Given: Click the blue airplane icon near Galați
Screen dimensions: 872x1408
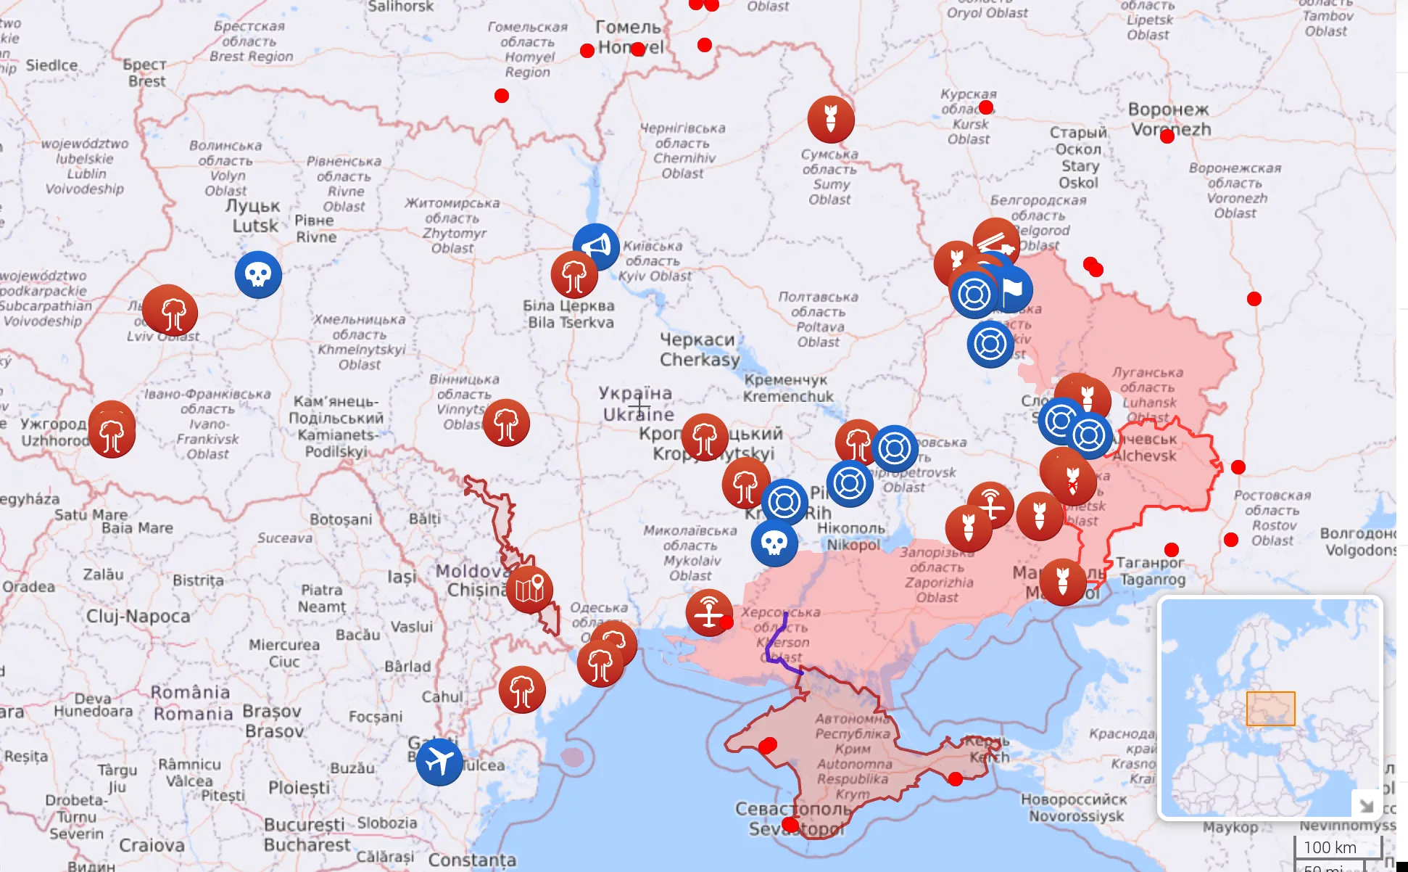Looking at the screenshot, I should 439,762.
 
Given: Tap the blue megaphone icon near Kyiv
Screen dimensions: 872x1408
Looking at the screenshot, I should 596,247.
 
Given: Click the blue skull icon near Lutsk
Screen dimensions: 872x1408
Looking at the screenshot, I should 258,274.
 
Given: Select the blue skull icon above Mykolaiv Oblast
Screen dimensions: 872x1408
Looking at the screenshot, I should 774,543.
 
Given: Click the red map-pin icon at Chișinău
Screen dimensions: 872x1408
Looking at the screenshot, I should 529,589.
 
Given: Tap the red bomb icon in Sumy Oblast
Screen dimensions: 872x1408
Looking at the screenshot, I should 831,119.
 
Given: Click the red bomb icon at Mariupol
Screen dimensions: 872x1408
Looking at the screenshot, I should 1063,582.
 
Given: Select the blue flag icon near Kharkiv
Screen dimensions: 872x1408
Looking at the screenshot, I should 1014,289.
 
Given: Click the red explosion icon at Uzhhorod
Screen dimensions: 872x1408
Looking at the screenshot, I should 112,434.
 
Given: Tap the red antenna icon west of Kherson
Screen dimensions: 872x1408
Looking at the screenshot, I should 708,612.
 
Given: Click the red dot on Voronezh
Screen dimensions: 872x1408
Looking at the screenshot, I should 1167,136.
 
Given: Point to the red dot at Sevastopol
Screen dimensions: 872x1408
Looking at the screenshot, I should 790,825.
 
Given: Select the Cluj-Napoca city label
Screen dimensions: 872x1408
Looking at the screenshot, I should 138,617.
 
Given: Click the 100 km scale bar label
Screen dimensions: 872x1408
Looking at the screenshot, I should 1330,847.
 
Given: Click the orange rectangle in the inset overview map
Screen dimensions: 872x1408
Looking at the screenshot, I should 1270,709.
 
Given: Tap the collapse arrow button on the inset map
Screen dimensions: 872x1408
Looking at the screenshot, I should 1366,805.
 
